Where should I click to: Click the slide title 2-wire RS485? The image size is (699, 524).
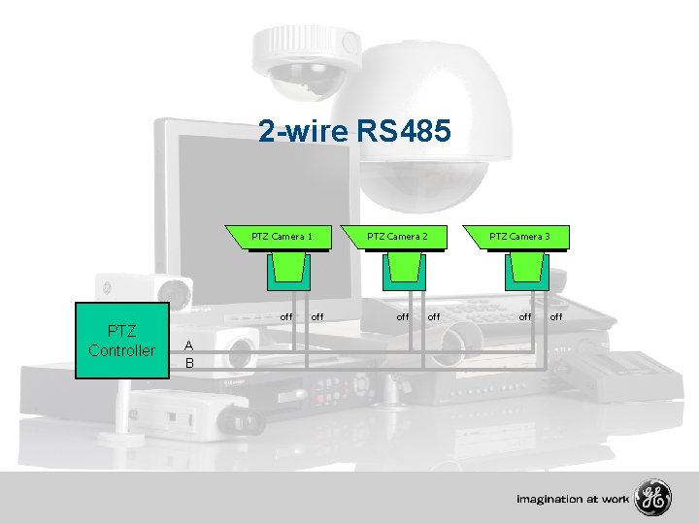[354, 131]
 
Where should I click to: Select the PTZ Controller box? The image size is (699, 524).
[121, 342]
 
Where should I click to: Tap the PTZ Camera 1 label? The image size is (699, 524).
[282, 236]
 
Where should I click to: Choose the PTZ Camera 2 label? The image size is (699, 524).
[398, 236]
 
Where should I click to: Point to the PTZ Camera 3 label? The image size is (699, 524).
[519, 236]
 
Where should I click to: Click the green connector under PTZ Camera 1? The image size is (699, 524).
[290, 271]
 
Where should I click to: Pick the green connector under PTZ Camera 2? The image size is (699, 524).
[403, 271]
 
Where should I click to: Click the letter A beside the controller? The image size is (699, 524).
[189, 345]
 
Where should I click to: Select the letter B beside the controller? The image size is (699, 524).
[189, 363]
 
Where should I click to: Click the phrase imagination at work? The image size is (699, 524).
[573, 500]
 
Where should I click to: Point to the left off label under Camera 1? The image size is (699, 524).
[286, 316]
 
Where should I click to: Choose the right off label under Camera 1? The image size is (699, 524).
[317, 316]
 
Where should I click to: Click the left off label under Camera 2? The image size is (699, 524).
[402, 316]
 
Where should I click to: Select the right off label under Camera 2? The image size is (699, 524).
[434, 316]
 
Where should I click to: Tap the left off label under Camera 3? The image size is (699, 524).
[524, 316]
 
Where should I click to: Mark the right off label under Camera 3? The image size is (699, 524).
[556, 316]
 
